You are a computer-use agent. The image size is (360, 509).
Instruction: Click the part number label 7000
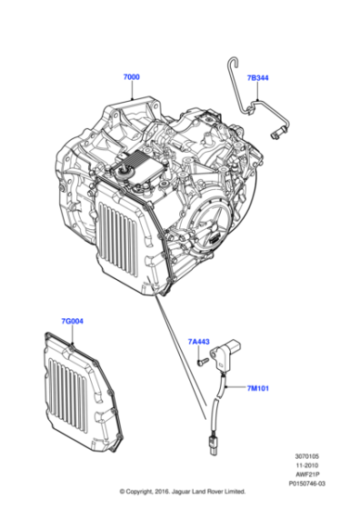click(x=131, y=78)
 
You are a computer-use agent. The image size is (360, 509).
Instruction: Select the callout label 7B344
click(x=257, y=78)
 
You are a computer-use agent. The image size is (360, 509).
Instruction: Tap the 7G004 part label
click(x=72, y=321)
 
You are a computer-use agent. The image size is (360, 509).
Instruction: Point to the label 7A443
click(x=199, y=342)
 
